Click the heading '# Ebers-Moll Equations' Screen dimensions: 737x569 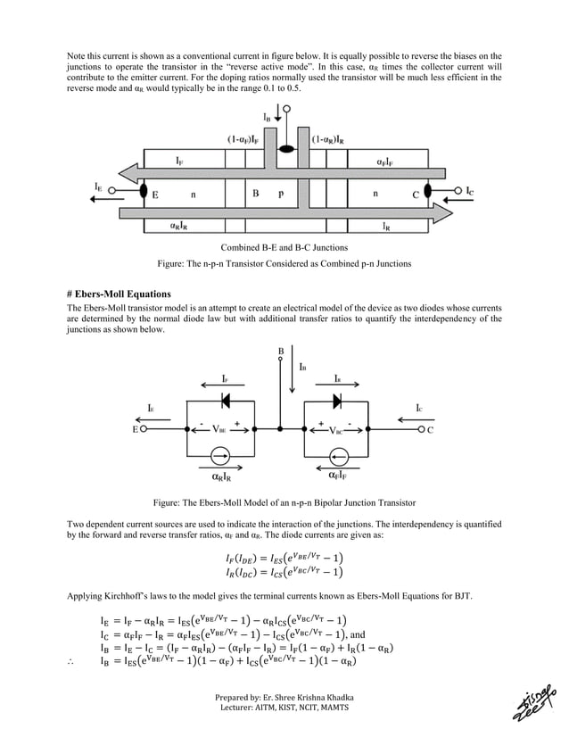(x=120, y=294)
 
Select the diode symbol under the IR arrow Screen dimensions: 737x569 (x=337, y=399)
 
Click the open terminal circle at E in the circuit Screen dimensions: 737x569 (x=145, y=429)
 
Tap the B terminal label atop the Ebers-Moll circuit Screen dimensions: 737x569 (x=281, y=351)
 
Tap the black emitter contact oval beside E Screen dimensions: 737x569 (x=144, y=192)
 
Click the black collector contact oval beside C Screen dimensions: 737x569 (x=427, y=191)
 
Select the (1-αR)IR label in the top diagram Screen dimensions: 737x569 (x=332, y=139)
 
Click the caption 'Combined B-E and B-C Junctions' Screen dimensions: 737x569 (x=284, y=246)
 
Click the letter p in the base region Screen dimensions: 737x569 (x=281, y=192)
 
